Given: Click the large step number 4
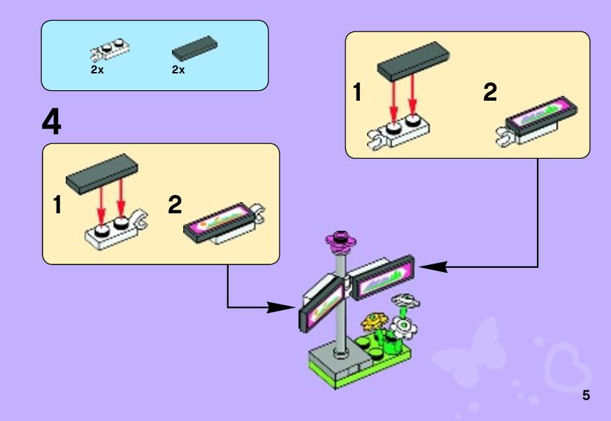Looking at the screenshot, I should point(52,122).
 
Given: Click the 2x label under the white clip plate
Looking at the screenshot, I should point(97,70).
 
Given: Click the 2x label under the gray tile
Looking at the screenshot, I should point(178,70).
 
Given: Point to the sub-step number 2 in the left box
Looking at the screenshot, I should point(175,205).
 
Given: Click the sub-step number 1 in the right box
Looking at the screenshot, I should point(357,93).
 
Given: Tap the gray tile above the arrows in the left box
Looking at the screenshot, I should point(102,169).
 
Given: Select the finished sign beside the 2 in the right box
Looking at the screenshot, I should point(542,115).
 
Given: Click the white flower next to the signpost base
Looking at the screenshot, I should point(403,325).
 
